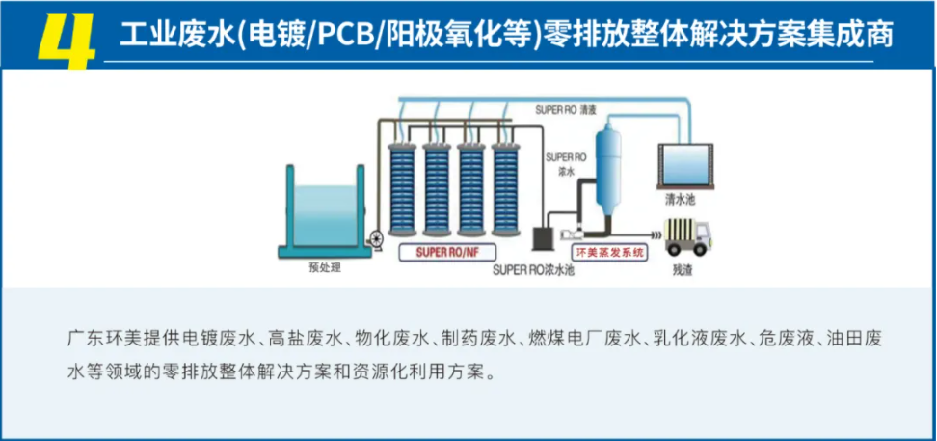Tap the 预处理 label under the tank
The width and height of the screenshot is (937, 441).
click(x=325, y=267)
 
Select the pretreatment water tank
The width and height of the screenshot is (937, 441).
click(x=326, y=213)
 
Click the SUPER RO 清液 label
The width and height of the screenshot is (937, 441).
click(x=566, y=110)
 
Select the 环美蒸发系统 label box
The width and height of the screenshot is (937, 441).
click(x=609, y=252)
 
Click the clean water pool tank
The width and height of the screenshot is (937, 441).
click(x=685, y=165)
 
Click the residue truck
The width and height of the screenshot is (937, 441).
click(x=686, y=237)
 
